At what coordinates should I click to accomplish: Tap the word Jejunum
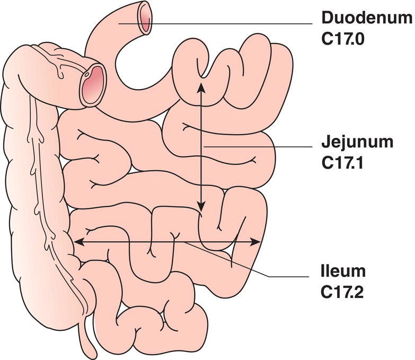coord(357,143)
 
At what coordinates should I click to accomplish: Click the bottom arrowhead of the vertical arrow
coord(200,209)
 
